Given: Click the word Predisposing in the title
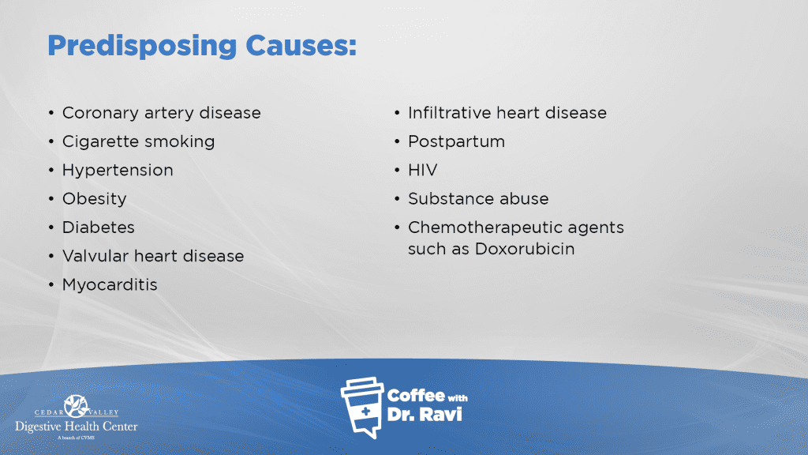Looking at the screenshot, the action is click(x=142, y=47).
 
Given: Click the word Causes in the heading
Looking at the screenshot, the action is click(x=301, y=45).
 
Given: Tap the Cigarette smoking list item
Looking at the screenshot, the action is click(x=139, y=142).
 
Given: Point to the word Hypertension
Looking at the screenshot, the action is click(x=118, y=171).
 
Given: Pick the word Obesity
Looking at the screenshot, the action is click(x=95, y=199).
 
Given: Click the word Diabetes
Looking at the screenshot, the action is click(x=99, y=227).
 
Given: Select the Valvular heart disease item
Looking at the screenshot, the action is click(x=153, y=256).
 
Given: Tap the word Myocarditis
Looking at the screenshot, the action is click(x=110, y=285).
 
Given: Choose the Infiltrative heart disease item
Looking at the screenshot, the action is click(x=507, y=113).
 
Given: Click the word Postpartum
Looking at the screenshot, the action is click(x=457, y=142).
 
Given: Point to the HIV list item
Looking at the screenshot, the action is click(x=423, y=171).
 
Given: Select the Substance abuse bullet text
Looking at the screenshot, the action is click(x=478, y=198).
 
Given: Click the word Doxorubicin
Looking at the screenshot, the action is click(x=525, y=249).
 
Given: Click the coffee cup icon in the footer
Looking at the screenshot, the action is click(x=363, y=408).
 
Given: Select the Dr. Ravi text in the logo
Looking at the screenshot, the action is click(x=424, y=414).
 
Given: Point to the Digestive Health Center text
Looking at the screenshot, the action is click(x=77, y=427).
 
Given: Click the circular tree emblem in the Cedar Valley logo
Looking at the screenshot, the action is click(x=77, y=406).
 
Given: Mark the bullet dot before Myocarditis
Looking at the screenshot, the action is click(x=51, y=284).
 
